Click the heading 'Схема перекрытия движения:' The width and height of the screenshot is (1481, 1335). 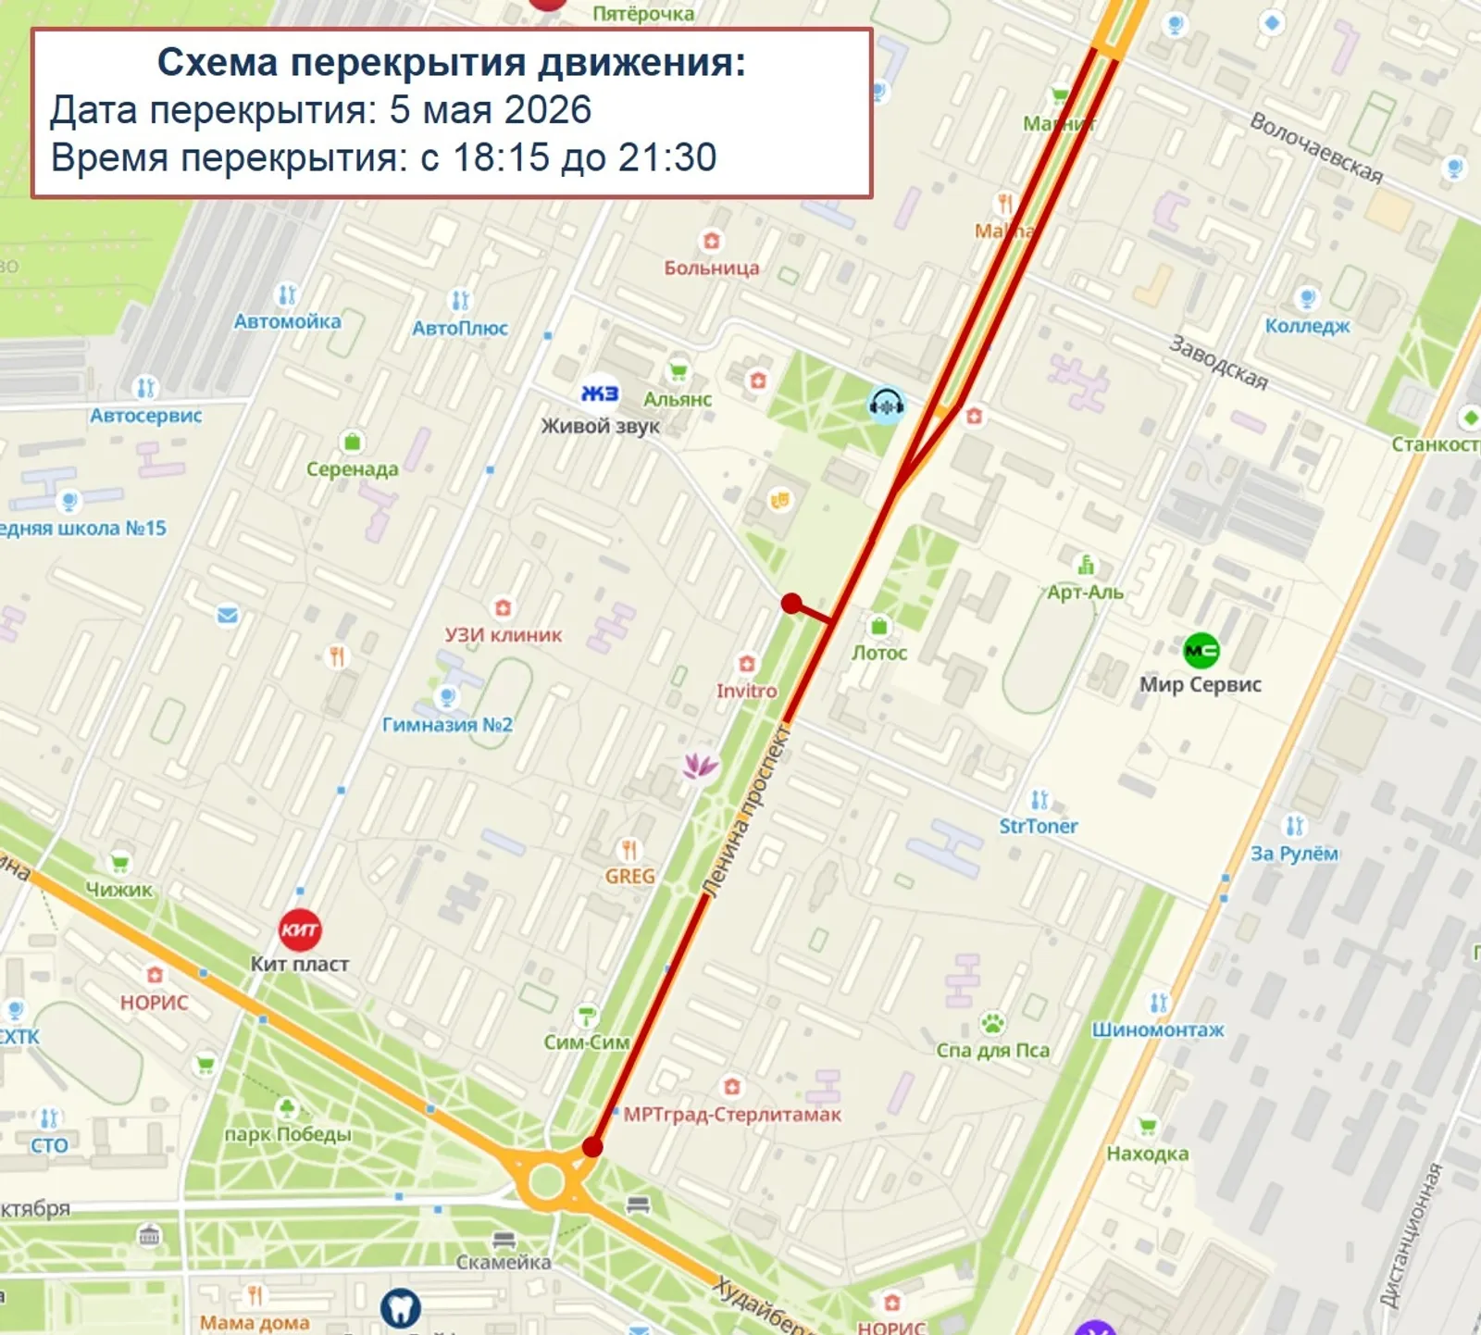(x=451, y=63)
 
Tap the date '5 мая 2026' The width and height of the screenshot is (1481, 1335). (x=490, y=110)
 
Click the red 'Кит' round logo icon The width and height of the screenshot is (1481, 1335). (x=300, y=930)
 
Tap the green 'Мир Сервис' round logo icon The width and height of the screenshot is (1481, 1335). (x=1201, y=651)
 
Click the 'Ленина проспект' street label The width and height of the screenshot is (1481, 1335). (x=746, y=812)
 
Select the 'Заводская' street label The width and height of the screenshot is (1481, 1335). (x=1218, y=362)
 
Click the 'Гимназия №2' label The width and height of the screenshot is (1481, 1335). (x=447, y=724)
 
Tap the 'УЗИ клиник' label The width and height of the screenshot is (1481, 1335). (x=503, y=635)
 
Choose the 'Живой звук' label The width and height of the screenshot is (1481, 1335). (x=600, y=427)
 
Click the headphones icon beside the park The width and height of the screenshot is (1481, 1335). (x=886, y=404)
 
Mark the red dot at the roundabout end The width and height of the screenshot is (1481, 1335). (x=592, y=1147)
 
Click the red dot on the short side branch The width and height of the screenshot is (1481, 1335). (x=790, y=604)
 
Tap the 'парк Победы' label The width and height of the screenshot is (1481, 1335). (x=288, y=1134)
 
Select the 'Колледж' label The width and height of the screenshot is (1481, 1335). (x=1307, y=326)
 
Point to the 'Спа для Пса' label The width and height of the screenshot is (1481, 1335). (x=992, y=1050)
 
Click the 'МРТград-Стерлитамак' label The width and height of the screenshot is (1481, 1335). (x=732, y=1115)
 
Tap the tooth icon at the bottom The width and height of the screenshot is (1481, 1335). (x=400, y=1307)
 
